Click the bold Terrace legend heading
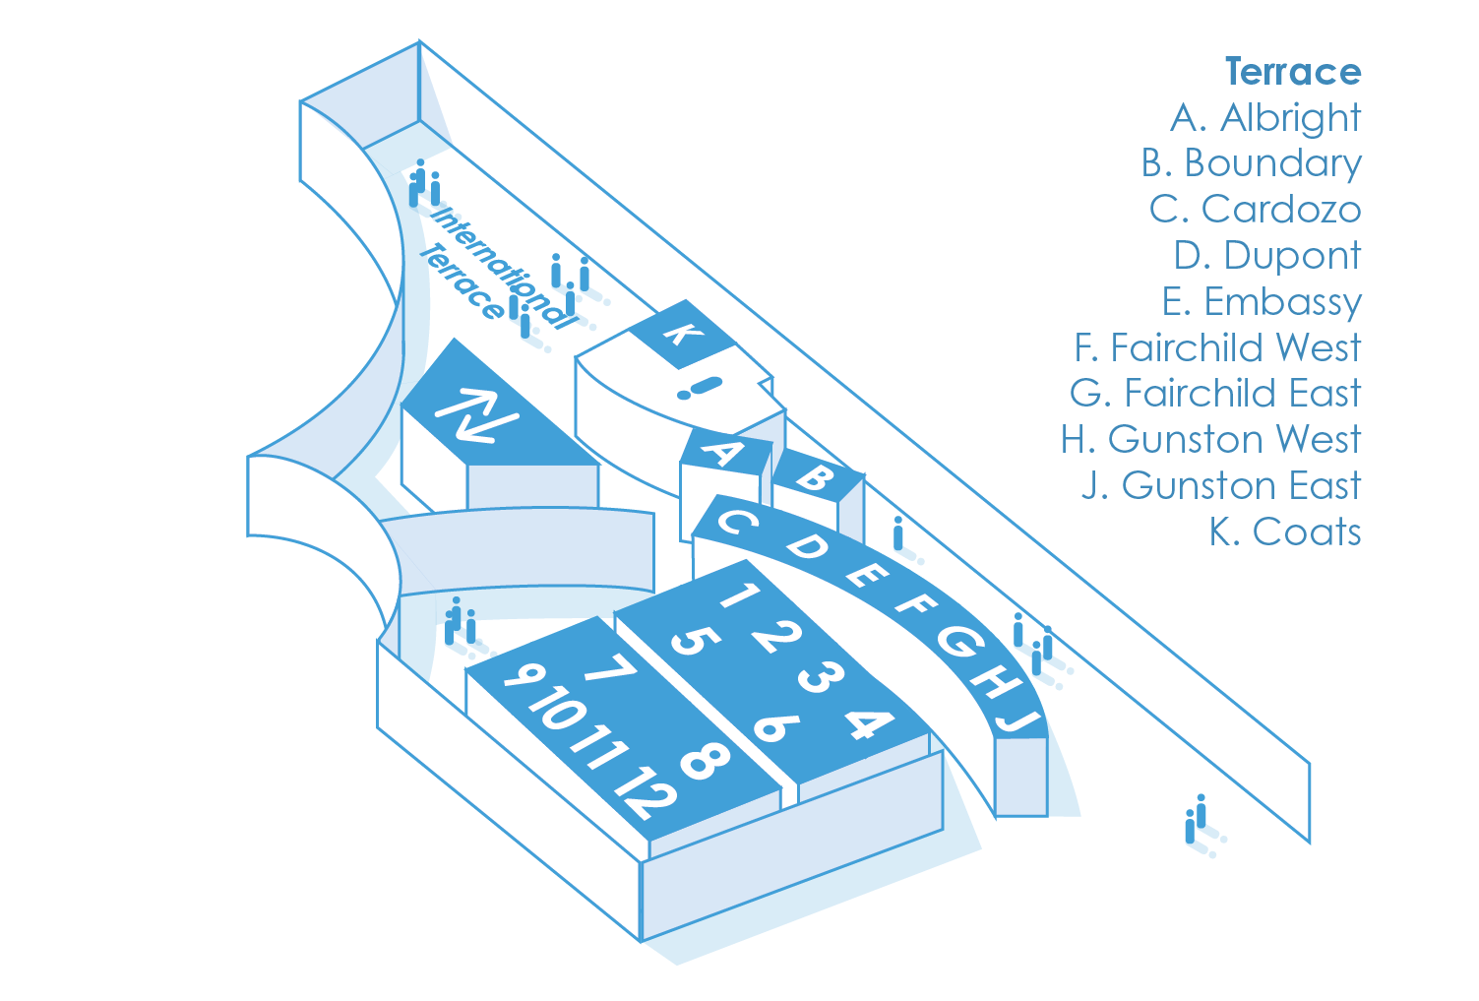pos(1292,72)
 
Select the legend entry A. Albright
pos(1265,118)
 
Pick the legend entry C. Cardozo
pos(1255,210)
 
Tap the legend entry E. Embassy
pos(1262,302)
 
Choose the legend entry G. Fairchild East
pos(1215,394)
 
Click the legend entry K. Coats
pos(1285,532)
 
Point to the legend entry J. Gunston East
pos(1220,486)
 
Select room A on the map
pos(723,454)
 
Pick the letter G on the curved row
pos(959,643)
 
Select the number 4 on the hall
pos(868,723)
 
